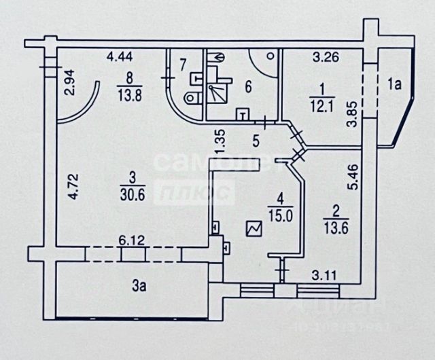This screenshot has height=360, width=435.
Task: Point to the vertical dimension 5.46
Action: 351,178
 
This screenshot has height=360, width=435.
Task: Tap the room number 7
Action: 181,66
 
